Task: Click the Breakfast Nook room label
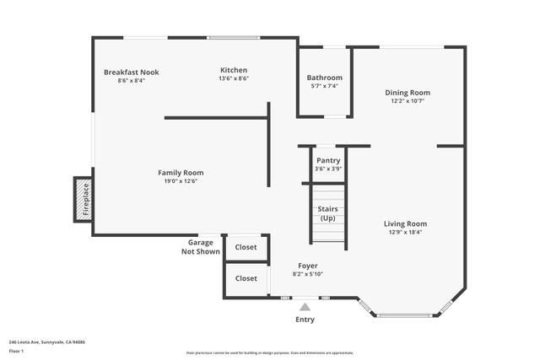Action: pyautogui.click(x=131, y=73)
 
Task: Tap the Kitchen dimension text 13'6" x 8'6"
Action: pyautogui.click(x=234, y=78)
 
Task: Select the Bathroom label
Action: pyautogui.click(x=324, y=78)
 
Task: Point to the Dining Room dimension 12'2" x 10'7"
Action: pyautogui.click(x=408, y=101)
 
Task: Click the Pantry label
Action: pyautogui.click(x=328, y=160)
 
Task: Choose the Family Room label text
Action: pyautogui.click(x=181, y=173)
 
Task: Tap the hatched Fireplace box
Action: pyautogui.click(x=84, y=200)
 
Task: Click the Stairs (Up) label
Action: pyautogui.click(x=327, y=213)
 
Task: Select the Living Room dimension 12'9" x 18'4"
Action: pyautogui.click(x=405, y=233)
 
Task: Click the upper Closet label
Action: pyautogui.click(x=246, y=248)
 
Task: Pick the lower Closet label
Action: pyautogui.click(x=246, y=278)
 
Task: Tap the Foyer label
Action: pyautogui.click(x=307, y=266)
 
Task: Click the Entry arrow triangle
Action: pyautogui.click(x=305, y=306)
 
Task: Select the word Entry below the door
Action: pyautogui.click(x=305, y=320)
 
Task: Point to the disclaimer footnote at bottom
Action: pyautogui.click(x=270, y=352)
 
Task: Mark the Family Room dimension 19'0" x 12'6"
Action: pyautogui.click(x=181, y=180)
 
